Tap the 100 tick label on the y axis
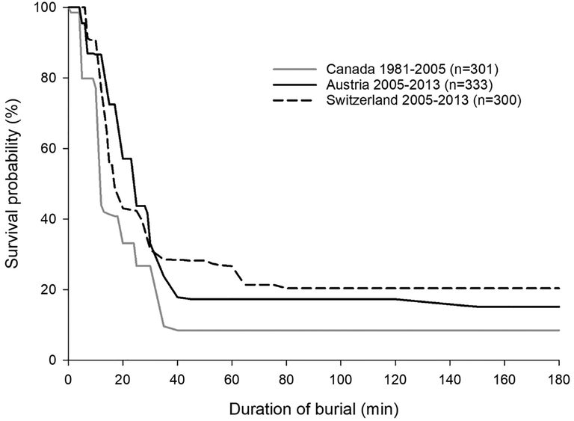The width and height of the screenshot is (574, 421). click(49, 8)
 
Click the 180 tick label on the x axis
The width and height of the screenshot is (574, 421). click(559, 375)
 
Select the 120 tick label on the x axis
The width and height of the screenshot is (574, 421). click(395, 375)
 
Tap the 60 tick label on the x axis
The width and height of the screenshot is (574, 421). click(232, 375)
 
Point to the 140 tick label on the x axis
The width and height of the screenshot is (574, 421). click(450, 375)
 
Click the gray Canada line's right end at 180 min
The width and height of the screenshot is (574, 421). click(558, 331)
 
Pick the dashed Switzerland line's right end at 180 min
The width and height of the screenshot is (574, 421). click(558, 288)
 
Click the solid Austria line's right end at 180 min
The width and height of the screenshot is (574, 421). click(558, 307)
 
